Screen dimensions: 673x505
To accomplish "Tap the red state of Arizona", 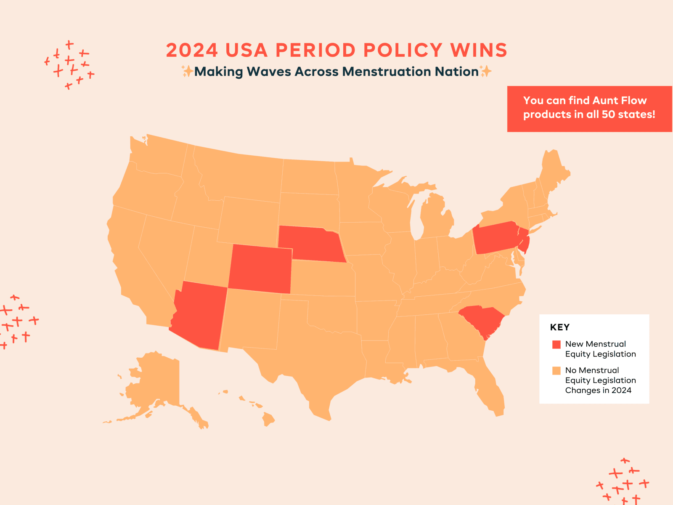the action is pyautogui.click(x=199, y=314).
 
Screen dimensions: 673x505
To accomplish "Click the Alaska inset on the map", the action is pyautogui.click(x=159, y=389).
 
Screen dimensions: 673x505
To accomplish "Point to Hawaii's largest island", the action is pyautogui.click(x=268, y=419).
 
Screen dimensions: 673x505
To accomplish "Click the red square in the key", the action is pyautogui.click(x=556, y=344).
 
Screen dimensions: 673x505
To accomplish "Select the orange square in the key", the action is pyautogui.click(x=556, y=370).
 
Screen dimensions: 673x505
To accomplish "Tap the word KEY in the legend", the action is pyautogui.click(x=560, y=327).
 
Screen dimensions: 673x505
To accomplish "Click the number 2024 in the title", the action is pyautogui.click(x=192, y=50).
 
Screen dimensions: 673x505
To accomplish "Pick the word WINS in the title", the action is pyautogui.click(x=479, y=50).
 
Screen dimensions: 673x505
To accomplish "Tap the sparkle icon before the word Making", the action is pyautogui.click(x=187, y=71).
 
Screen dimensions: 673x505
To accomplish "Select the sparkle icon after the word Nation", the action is pyautogui.click(x=485, y=71).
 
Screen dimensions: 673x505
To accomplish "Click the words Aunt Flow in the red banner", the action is pyautogui.click(x=619, y=100).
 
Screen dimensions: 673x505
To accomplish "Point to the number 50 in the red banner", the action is pyautogui.click(x=608, y=114).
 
